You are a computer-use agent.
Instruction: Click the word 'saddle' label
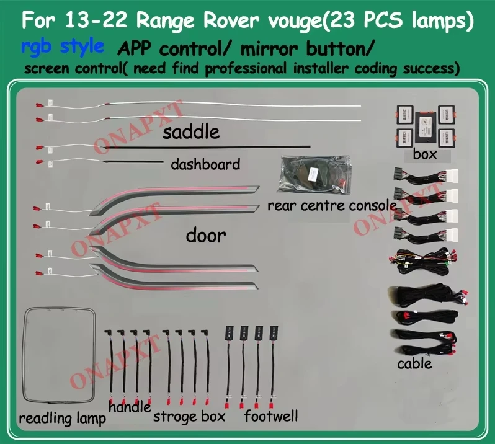click(191, 132)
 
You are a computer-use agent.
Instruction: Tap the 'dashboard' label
click(205, 164)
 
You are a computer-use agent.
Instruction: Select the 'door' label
click(205, 236)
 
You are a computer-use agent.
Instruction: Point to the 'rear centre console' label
click(332, 205)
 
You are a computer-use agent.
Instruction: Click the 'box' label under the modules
click(425, 154)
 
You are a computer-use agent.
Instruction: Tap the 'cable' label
click(414, 363)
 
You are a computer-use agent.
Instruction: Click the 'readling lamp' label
click(62, 419)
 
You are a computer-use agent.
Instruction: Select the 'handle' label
click(130, 407)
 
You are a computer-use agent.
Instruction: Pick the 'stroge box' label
click(189, 416)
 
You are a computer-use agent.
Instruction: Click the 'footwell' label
click(271, 415)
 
